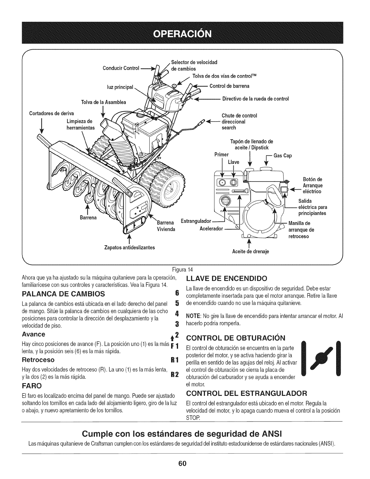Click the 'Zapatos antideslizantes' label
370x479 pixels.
click(x=129, y=247)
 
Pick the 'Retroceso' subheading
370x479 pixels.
click(x=38, y=360)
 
